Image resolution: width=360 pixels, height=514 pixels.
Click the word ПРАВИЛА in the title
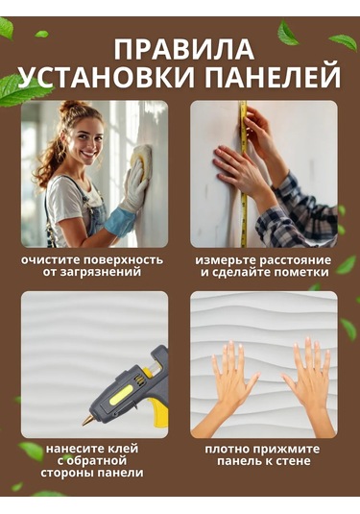pos(184,50)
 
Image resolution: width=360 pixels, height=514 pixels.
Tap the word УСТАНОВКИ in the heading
pos(108,79)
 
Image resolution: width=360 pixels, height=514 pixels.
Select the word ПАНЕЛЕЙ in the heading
pos(274,79)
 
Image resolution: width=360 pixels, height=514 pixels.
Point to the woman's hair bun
pos(70,107)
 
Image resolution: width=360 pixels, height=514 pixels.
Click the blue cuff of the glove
pos(120,221)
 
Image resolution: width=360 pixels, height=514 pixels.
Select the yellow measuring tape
pos(243,174)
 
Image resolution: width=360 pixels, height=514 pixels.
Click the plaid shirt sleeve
pos(297,214)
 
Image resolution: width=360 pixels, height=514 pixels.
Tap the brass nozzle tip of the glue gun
pos(87,420)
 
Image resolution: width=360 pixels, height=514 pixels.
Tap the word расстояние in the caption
pos(295,260)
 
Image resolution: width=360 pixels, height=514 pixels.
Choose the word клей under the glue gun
pos(123,449)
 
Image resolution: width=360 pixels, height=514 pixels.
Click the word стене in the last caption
pos(294,461)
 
